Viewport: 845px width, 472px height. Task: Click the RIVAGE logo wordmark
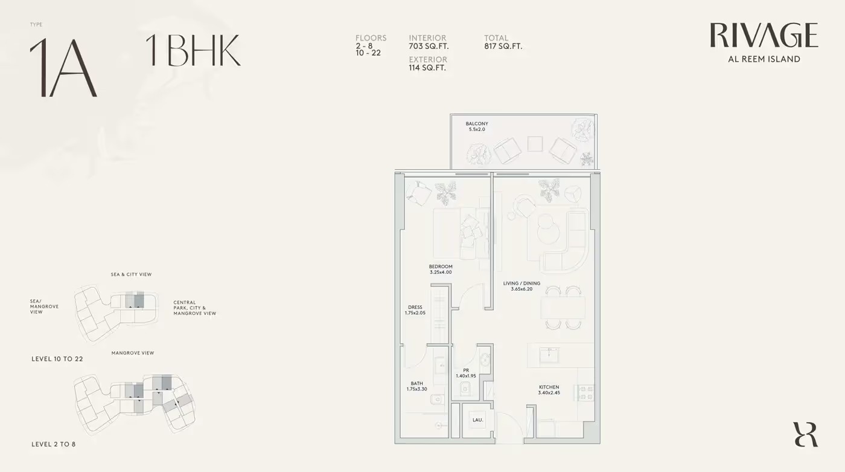coord(764,35)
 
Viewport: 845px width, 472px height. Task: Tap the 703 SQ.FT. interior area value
coord(429,47)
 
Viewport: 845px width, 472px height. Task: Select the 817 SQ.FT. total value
coord(503,47)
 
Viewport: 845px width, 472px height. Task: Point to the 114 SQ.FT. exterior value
coord(427,68)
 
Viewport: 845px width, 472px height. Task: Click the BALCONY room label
coord(477,123)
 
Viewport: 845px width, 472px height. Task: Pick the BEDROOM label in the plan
coord(441,266)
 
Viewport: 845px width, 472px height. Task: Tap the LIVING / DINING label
coord(521,283)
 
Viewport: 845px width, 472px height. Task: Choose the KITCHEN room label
coord(549,387)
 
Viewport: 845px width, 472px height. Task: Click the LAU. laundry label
coord(477,420)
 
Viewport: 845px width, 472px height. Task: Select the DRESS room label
coord(415,307)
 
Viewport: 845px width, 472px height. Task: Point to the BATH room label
coord(417,383)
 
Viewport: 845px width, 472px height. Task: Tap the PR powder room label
coord(466,370)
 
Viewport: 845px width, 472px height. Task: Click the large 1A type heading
coord(63,68)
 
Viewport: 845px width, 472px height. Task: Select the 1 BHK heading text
coord(193,50)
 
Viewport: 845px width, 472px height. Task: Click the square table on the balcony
coord(535,144)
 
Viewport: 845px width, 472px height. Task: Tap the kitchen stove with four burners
coord(584,393)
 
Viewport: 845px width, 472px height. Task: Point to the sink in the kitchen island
coord(549,355)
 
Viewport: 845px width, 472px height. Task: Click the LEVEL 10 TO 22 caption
coord(57,359)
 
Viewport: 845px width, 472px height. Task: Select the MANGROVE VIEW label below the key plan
coord(133,353)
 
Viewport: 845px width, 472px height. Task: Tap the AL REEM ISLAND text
coord(764,59)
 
